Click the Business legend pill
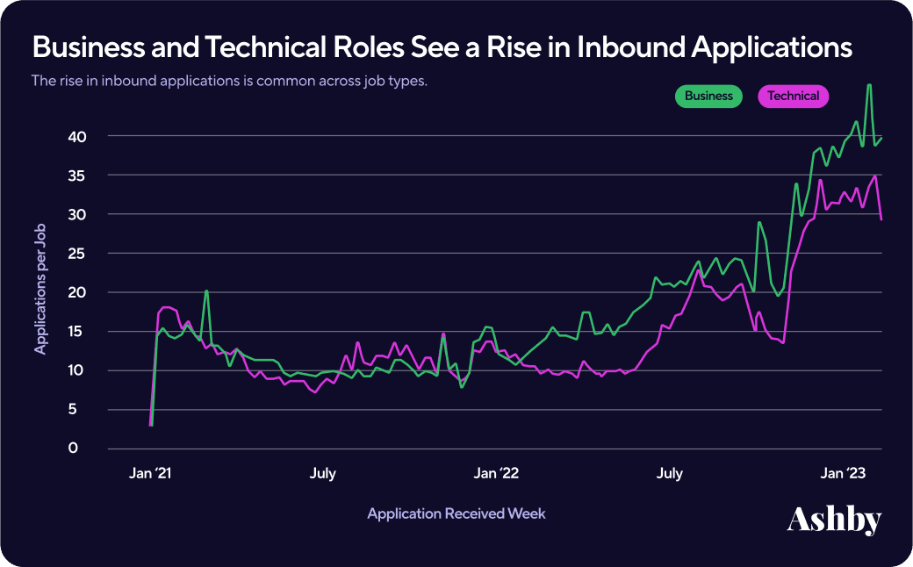coord(708,97)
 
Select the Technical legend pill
coord(793,97)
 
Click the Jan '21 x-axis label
coord(149,474)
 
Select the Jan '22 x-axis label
coord(496,474)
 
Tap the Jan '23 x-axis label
coord(844,474)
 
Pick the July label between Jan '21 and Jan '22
coord(322,474)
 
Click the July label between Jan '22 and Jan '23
coord(669,474)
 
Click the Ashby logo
coord(833,519)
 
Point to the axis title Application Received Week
coord(456,513)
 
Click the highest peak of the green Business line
coord(868,85)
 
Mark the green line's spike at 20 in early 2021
coord(206,291)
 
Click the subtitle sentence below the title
coord(229,81)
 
